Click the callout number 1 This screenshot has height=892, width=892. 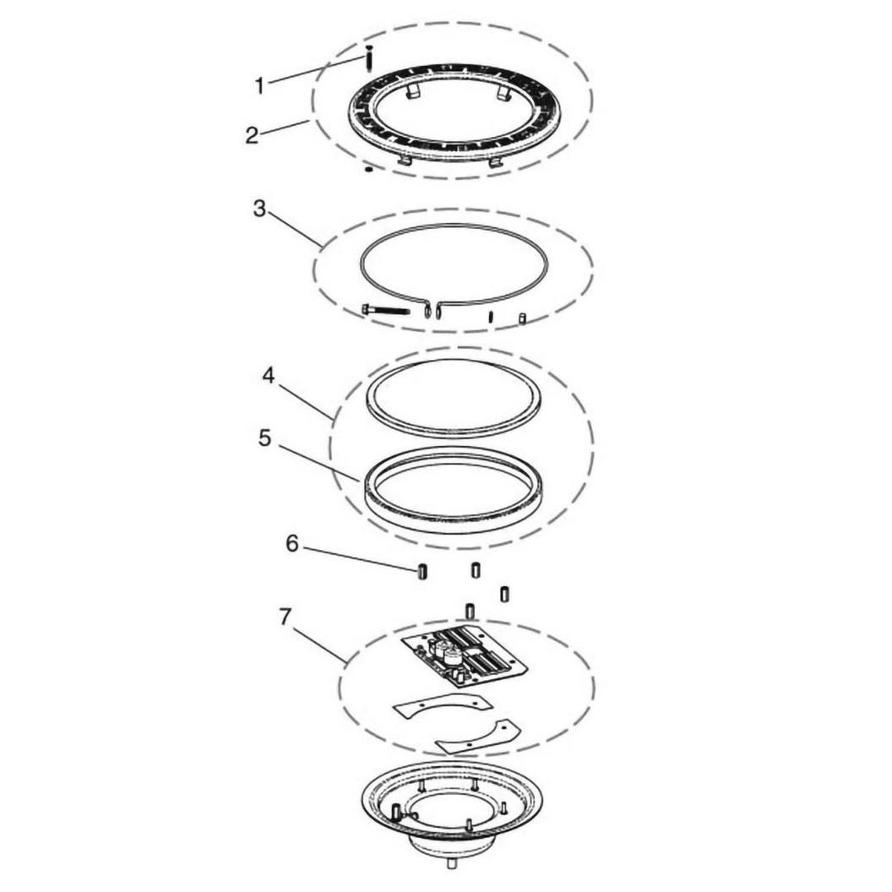(259, 86)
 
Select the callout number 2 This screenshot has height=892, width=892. (252, 135)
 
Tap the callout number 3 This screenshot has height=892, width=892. (259, 209)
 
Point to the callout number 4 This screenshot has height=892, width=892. (269, 376)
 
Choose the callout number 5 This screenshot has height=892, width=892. (264, 438)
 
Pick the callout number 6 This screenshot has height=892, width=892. (291, 545)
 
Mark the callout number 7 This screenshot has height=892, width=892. (286, 617)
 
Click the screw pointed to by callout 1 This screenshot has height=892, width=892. (368, 58)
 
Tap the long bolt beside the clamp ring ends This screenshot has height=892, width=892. (385, 311)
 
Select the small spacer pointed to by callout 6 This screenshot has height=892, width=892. (422, 571)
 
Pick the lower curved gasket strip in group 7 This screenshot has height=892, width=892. (477, 737)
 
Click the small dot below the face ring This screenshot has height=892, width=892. (368, 169)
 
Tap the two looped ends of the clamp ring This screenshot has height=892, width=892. (432, 310)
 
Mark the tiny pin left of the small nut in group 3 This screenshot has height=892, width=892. (491, 317)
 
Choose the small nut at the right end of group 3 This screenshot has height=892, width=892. (522, 318)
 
